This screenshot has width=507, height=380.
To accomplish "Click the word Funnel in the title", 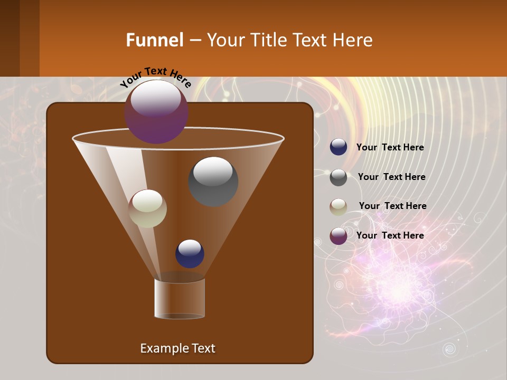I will pyautogui.click(x=154, y=40).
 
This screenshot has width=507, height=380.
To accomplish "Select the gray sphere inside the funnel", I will pyautogui.click(x=213, y=182).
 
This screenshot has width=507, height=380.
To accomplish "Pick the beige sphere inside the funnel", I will pyautogui.click(x=147, y=208).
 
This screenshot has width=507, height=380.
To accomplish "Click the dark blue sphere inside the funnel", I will pyautogui.click(x=190, y=253).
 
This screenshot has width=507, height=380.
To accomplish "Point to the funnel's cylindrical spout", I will pyautogui.click(x=180, y=298).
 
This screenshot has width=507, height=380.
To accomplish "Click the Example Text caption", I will pyautogui.click(x=177, y=348).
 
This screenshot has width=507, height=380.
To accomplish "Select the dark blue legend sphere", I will pyautogui.click(x=339, y=147).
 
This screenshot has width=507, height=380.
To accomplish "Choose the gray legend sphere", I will pyautogui.click(x=339, y=177).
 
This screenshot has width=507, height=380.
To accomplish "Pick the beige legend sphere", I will pyautogui.click(x=339, y=207).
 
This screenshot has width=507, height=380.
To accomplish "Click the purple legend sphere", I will pyautogui.click(x=339, y=236).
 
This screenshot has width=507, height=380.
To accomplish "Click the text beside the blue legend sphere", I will pyautogui.click(x=390, y=148).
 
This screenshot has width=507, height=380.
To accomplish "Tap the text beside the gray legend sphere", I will pyautogui.click(x=391, y=177).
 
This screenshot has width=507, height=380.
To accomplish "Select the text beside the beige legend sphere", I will pyautogui.click(x=392, y=206).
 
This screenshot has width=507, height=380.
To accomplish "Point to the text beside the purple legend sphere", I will pyautogui.click(x=390, y=236).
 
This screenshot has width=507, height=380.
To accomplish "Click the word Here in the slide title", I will pyautogui.click(x=354, y=40).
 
